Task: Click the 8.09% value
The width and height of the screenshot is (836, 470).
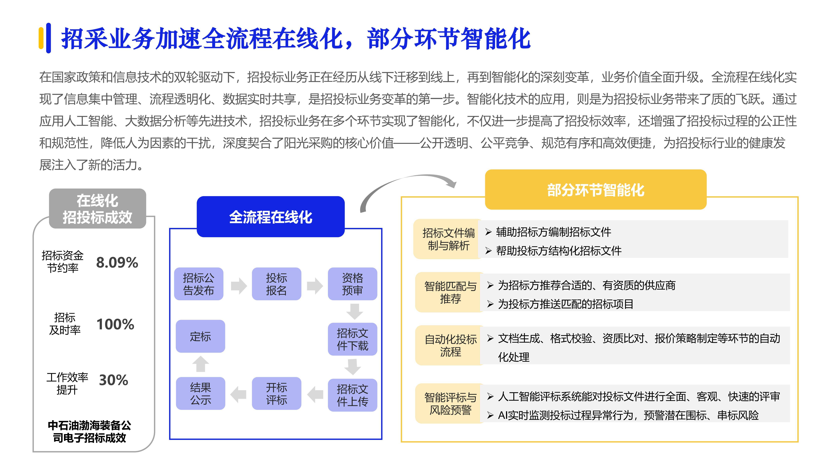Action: (x=117, y=262)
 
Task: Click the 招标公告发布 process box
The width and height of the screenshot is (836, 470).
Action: (x=199, y=284)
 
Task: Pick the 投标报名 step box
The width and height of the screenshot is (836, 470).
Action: (x=277, y=284)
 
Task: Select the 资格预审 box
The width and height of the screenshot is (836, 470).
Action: (x=352, y=284)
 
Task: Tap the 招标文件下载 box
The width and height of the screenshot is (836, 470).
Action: (x=352, y=339)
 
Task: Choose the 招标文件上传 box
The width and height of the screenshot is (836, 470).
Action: (x=352, y=395)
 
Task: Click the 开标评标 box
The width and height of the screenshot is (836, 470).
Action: (x=277, y=393)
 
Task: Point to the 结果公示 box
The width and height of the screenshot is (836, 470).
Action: (x=200, y=393)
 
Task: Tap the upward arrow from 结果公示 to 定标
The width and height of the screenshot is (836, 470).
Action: (x=200, y=364)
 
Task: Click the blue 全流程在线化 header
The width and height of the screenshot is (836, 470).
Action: (x=271, y=217)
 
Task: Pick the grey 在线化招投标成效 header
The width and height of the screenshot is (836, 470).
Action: (x=97, y=209)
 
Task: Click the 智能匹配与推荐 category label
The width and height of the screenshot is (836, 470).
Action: (x=450, y=292)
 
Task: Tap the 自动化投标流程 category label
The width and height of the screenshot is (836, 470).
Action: (x=450, y=345)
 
